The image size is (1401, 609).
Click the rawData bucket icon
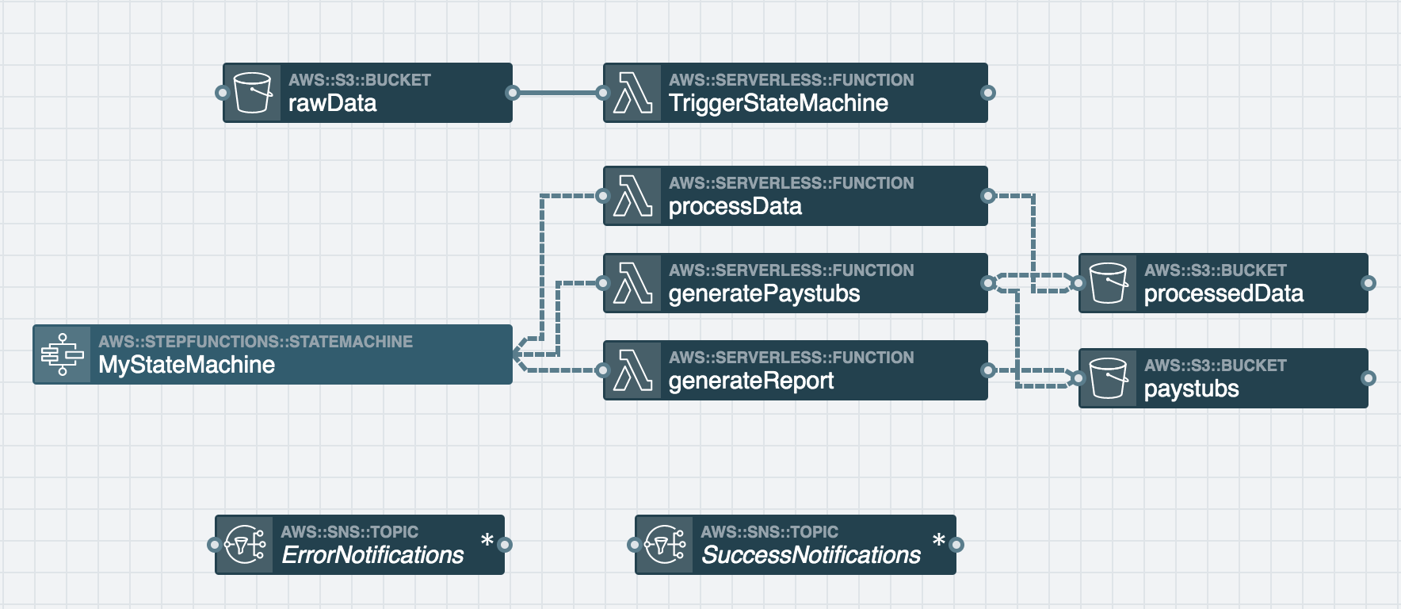point(253,93)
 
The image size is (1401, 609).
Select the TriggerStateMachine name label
point(778,103)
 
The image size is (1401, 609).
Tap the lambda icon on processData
point(632,196)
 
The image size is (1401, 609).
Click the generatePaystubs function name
point(764,293)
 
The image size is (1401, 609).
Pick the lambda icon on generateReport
point(632,370)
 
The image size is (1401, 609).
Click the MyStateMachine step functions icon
point(63,354)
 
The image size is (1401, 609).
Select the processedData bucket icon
point(1109,283)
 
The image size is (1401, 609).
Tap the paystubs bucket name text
point(1191,389)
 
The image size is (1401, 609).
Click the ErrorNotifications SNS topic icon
point(245,545)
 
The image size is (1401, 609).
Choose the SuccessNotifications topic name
point(811,555)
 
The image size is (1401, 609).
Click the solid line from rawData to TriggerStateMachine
point(558,93)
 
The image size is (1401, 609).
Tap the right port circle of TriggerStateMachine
point(987,93)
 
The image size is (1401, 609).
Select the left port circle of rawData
point(223,93)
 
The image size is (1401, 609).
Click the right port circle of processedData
point(1368,283)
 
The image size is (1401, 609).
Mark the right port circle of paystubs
point(1368,378)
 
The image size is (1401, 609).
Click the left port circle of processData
point(603,196)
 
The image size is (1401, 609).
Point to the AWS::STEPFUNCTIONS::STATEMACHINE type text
point(255,342)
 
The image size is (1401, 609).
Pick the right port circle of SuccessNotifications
point(956,545)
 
